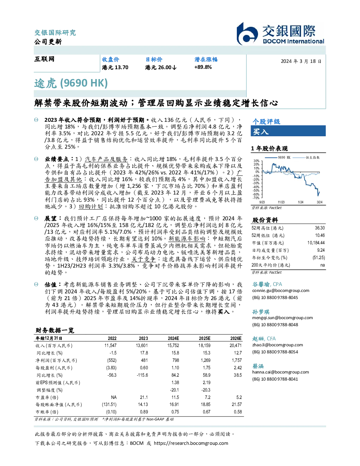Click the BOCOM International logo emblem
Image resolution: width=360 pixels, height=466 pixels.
[x=247, y=34]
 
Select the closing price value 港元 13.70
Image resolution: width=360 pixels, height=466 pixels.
[x=115, y=67]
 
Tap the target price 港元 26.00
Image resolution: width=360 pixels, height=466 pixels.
[x=161, y=67]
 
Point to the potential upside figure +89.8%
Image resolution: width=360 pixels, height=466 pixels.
[x=203, y=67]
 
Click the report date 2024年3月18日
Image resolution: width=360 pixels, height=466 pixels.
[x=301, y=61]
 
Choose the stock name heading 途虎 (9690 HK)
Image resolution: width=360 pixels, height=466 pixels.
[x=71, y=83]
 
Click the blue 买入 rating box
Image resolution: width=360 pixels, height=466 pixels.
[x=288, y=131]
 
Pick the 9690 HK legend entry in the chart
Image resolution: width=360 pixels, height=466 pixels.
[x=278, y=157]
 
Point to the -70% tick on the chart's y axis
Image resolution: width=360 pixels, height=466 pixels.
[x=257, y=198]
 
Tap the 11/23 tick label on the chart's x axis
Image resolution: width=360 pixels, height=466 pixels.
[x=281, y=202]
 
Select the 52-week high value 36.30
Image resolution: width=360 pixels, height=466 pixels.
[x=320, y=228]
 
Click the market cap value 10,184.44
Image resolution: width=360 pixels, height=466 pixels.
[x=316, y=243]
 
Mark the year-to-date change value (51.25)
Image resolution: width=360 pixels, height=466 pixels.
[x=319, y=258]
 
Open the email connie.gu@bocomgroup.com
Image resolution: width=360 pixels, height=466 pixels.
[x=281, y=291]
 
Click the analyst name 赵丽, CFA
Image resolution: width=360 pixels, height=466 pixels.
[x=264, y=339]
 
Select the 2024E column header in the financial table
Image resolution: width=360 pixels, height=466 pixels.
[x=173, y=339]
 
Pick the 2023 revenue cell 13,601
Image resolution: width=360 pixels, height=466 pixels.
[x=142, y=346]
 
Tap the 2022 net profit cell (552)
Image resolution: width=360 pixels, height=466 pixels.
[x=112, y=360]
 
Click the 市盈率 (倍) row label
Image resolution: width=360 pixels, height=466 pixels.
[x=47, y=398]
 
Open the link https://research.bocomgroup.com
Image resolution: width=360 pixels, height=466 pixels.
[x=191, y=443]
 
